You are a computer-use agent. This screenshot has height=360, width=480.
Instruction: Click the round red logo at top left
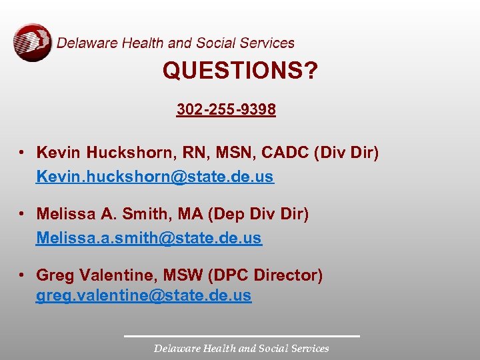point(32,42)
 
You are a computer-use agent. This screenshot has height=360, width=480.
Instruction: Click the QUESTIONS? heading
point(240,71)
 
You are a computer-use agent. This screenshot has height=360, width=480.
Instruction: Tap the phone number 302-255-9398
point(226,109)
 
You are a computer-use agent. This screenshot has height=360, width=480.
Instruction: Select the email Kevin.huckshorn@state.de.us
point(155,177)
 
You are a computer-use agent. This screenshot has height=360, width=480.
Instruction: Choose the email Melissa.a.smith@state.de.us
point(149,237)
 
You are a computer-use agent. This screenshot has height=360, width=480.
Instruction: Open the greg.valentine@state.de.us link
point(143,295)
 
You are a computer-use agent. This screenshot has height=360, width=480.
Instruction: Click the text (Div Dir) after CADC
point(345,153)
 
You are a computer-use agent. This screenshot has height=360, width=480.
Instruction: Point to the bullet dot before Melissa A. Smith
point(23,215)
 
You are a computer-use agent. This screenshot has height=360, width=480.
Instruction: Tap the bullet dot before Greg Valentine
point(23,275)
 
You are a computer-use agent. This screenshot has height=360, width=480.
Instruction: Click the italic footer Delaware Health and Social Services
point(241,348)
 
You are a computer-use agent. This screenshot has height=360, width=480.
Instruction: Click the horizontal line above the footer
point(241,335)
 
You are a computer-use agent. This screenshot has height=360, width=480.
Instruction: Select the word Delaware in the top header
point(87,43)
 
